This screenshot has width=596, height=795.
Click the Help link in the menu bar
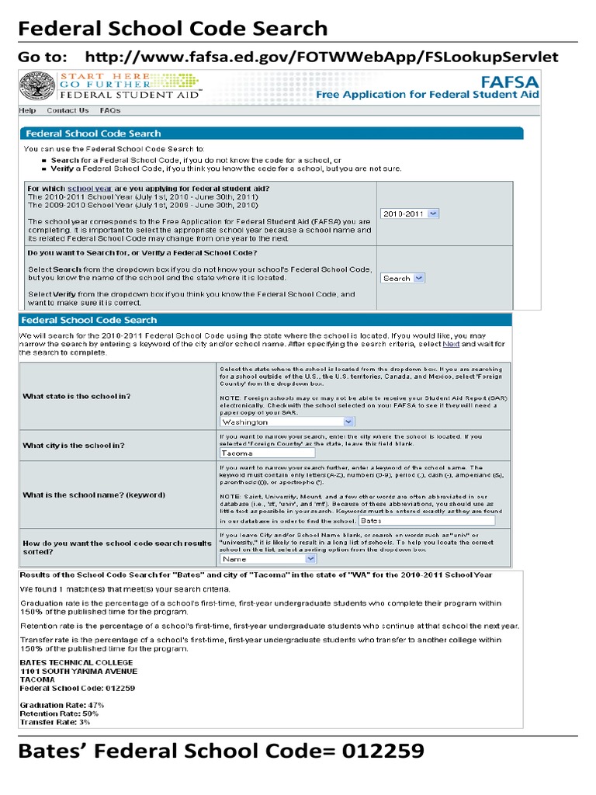(28, 111)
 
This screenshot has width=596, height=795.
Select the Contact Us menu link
(68, 111)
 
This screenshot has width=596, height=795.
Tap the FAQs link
(110, 111)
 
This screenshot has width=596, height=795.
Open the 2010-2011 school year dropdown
(410, 213)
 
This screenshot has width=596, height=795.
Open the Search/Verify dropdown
(403, 278)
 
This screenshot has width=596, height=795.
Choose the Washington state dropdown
(286, 422)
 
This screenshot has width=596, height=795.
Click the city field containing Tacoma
(262, 452)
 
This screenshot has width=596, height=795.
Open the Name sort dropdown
(268, 558)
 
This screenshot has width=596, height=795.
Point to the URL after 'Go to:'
(321, 57)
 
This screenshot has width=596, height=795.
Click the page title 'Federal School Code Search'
(173, 29)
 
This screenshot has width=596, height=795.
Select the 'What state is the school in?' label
(77, 396)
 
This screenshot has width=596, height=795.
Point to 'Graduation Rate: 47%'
(61, 705)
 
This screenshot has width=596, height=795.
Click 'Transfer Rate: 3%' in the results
(54, 722)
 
